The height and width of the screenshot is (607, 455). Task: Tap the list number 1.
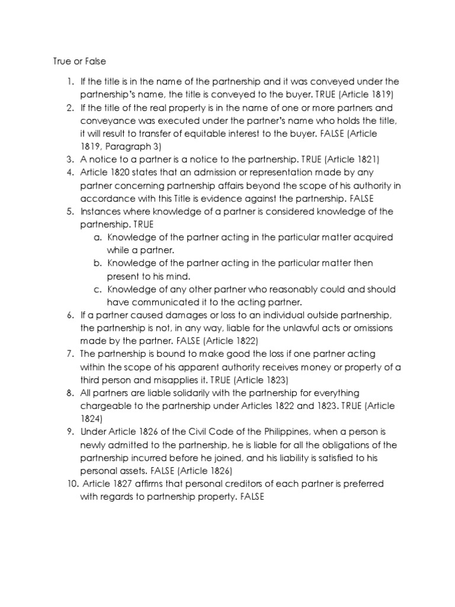69,81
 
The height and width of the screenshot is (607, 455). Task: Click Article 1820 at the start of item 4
107,172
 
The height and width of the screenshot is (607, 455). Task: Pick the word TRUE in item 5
142,225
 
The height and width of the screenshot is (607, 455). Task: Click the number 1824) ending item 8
94,419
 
